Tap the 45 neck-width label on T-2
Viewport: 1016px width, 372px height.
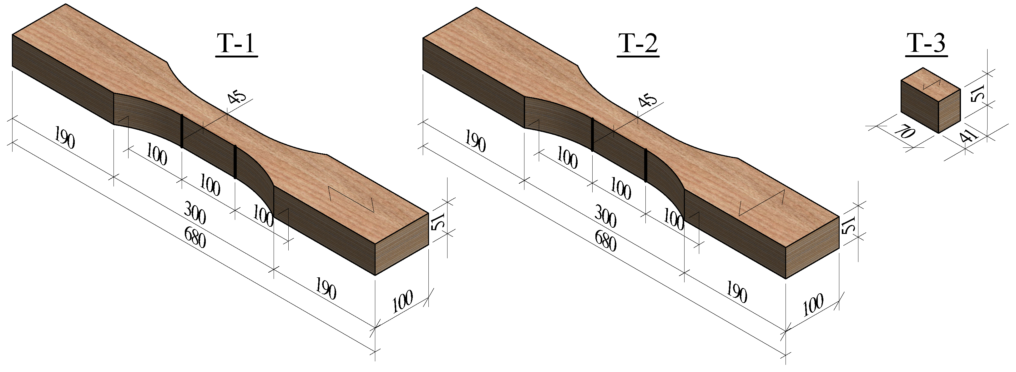click(647, 101)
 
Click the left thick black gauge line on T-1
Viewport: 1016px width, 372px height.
click(182, 131)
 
